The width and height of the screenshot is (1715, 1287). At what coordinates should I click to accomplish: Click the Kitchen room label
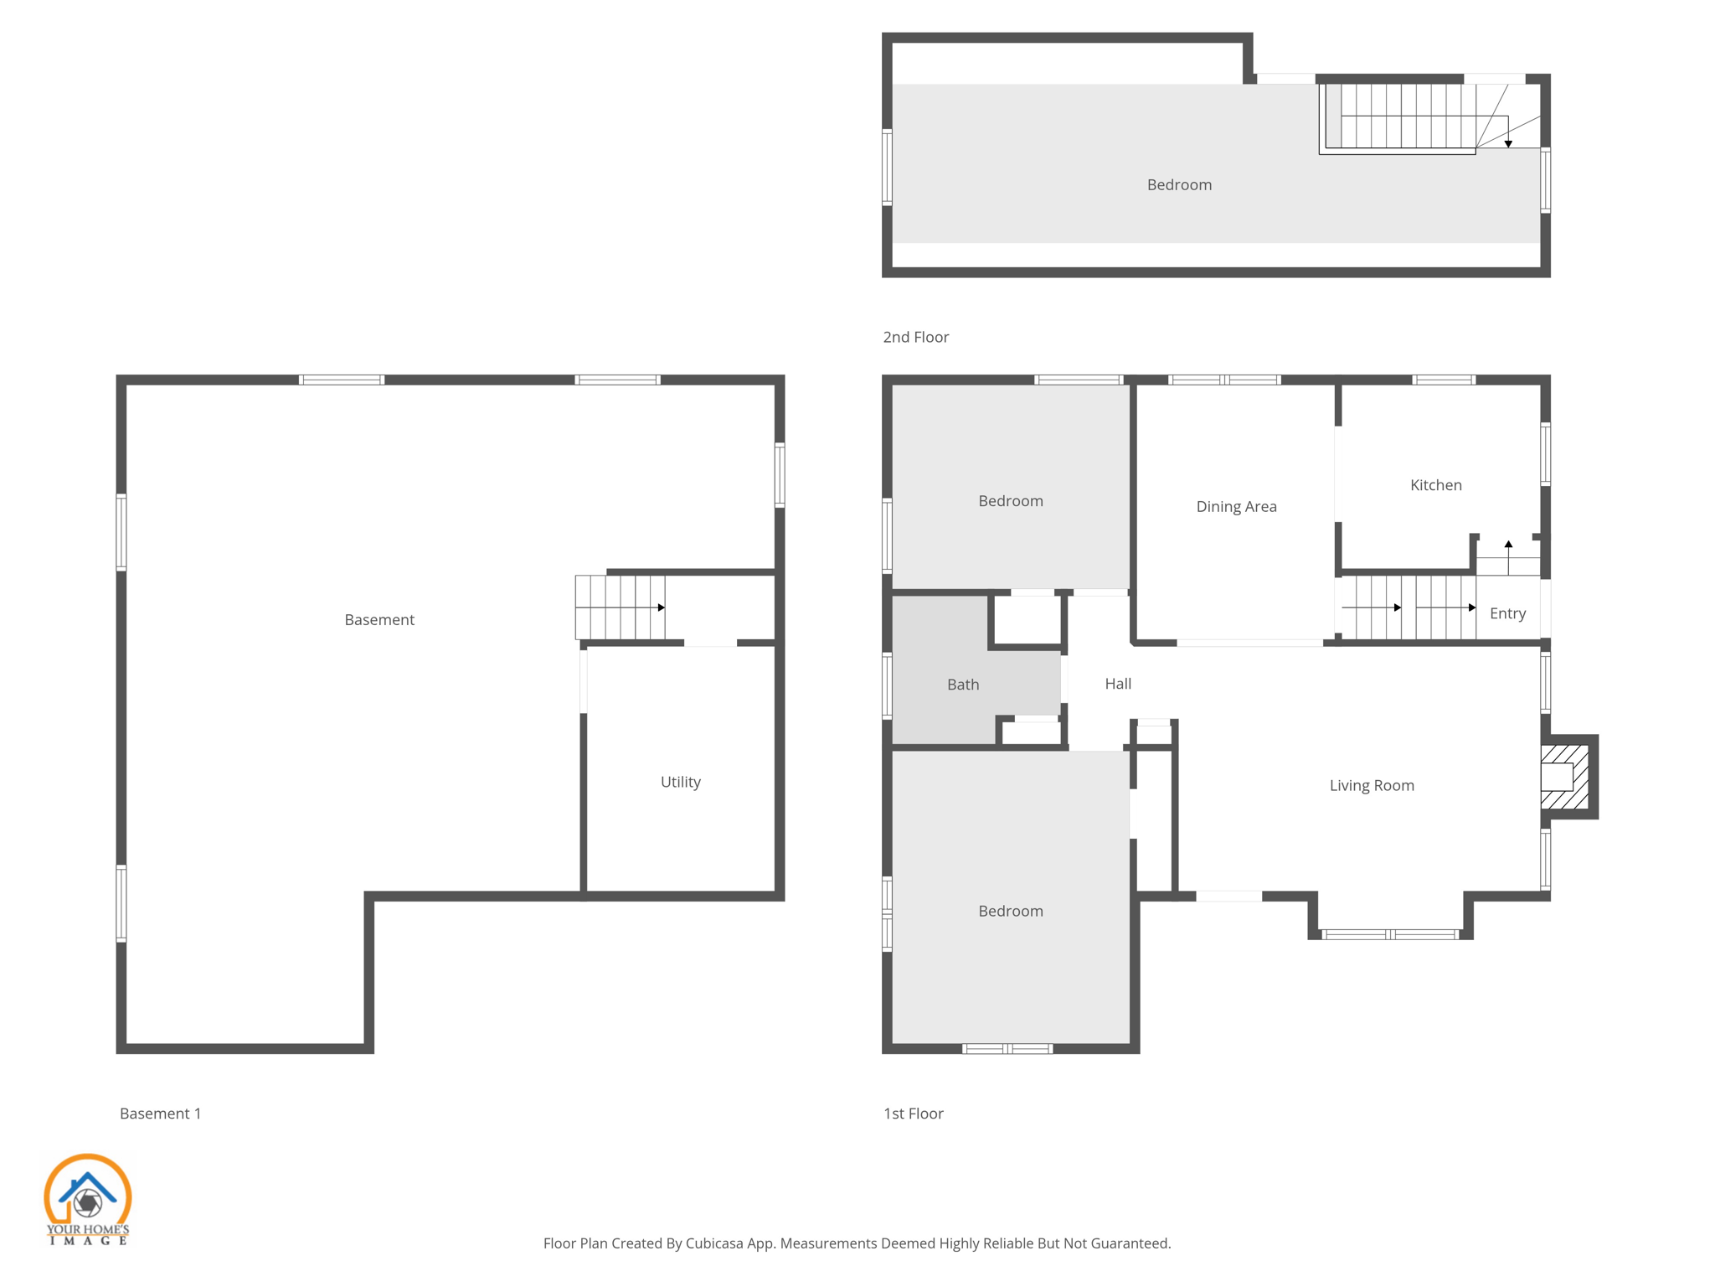pos(1435,485)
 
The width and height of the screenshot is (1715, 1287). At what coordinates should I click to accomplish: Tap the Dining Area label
pos(1236,506)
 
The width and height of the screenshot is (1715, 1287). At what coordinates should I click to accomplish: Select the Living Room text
pos(1371,785)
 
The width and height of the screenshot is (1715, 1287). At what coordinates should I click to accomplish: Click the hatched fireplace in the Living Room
pos(1564,777)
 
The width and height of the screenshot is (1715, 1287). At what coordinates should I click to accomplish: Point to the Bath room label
pos(963,685)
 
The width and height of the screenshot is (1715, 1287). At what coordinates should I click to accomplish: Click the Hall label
pos(1117,684)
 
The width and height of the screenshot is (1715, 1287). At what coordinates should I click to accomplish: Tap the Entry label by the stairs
pos(1507,613)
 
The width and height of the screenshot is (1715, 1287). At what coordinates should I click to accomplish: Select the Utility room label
pos(680,782)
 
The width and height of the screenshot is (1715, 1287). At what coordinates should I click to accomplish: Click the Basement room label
pos(379,620)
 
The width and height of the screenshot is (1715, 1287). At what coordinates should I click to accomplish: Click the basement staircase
pos(620,607)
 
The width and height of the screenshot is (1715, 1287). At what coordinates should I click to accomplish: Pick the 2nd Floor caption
pos(915,337)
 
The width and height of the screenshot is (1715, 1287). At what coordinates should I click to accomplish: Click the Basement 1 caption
pos(160,1114)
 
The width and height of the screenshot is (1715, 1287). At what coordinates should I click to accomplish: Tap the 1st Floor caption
pos(913,1114)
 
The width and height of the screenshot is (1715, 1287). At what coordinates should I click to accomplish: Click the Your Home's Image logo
pos(87,1199)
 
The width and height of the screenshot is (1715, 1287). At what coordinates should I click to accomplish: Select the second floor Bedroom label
pos(1178,185)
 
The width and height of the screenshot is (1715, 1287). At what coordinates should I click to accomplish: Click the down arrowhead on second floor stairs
pos(1508,144)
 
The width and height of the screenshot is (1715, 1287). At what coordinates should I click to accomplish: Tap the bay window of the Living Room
pos(1390,934)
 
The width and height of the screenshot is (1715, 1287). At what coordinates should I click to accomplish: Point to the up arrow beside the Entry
pos(1508,545)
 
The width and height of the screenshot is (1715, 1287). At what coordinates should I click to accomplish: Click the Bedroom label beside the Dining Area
pos(1010,501)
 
